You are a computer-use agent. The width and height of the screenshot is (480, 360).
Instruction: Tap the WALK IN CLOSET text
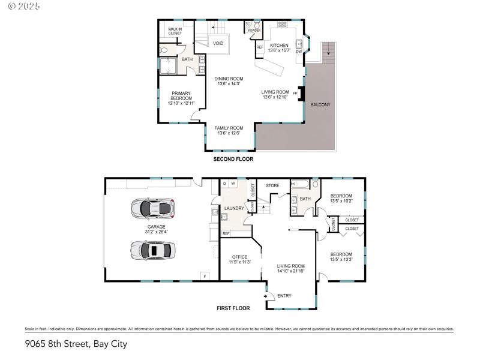(175, 31)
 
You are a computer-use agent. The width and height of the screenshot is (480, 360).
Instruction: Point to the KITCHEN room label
(279, 46)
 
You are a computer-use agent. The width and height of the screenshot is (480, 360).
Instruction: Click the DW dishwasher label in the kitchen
(298, 52)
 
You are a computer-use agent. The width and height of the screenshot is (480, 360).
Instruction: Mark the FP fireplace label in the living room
(295, 93)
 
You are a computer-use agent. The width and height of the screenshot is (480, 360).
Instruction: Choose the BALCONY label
(320, 105)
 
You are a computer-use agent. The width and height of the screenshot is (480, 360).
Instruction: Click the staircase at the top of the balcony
(328, 53)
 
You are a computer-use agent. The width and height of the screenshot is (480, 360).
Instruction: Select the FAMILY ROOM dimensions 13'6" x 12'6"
(229, 133)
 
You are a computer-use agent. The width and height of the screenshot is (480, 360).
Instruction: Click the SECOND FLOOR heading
(233, 160)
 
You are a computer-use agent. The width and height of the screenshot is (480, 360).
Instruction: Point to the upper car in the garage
(152, 208)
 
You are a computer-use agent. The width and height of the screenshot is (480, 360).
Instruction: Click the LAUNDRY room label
(234, 208)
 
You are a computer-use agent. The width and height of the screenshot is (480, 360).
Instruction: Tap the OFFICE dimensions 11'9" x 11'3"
(239, 262)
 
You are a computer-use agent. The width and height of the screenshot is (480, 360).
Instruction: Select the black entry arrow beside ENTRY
(266, 295)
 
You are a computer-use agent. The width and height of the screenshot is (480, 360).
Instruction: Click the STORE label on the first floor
(273, 185)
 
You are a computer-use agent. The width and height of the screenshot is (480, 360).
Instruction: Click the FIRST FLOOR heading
(233, 308)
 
